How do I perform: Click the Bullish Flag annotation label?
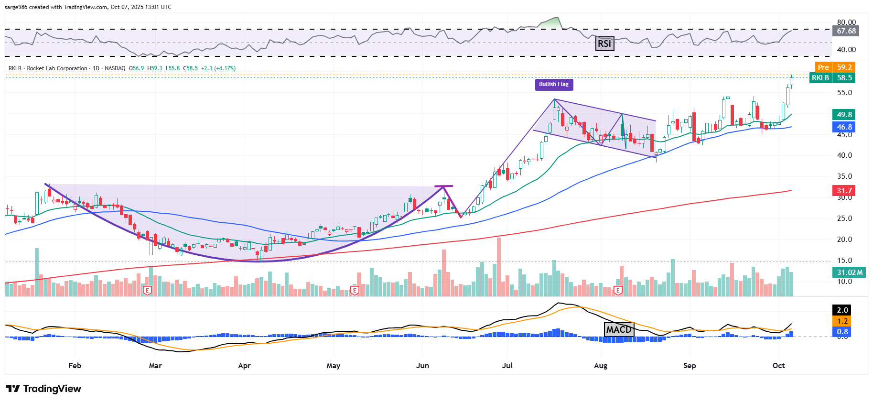(553, 85)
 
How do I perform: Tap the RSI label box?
(604, 44)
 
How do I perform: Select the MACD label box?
(619, 329)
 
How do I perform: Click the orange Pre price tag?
(823, 67)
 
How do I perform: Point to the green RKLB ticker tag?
(820, 78)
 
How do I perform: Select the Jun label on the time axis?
(422, 366)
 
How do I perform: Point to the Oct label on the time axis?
(778, 366)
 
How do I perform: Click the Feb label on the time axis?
(75, 366)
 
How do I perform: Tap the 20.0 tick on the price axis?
(844, 240)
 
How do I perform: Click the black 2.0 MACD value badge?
(842, 310)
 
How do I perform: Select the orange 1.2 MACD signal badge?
(842, 321)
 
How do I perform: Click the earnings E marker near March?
(147, 290)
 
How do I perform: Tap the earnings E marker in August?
(618, 290)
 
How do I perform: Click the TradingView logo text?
(43, 389)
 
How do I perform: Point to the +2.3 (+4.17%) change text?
(218, 68)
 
